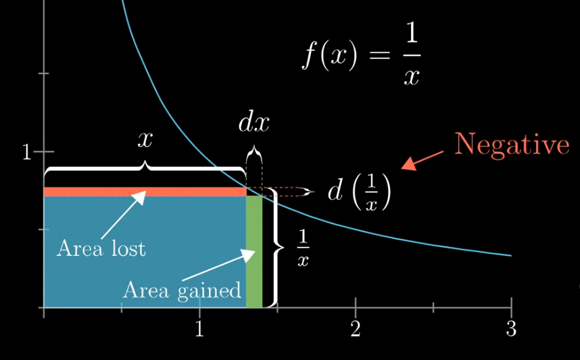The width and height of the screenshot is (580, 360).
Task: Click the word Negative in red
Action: pyautogui.click(x=512, y=144)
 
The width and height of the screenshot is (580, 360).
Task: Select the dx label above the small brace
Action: pyautogui.click(x=254, y=123)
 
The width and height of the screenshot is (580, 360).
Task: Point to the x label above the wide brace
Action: pyautogui.click(x=145, y=140)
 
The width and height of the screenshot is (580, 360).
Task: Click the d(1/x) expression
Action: pyautogui.click(x=359, y=192)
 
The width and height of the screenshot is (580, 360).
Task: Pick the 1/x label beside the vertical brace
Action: pyautogui.click(x=303, y=249)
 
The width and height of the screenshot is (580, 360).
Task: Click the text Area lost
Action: pyautogui.click(x=102, y=248)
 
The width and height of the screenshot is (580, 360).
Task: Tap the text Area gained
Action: pyautogui.click(x=182, y=290)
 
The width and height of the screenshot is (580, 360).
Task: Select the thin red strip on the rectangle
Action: pyautogui.click(x=145, y=192)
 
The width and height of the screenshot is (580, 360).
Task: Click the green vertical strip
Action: pyautogui.click(x=254, y=251)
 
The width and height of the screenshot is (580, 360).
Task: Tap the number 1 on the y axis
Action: pyautogui.click(x=27, y=152)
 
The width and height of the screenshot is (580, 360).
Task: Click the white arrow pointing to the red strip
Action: pyautogui.click(x=124, y=215)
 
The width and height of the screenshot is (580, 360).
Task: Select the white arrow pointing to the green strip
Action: pyautogui.click(x=219, y=265)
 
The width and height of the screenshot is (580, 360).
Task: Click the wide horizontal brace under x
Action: pyautogui.click(x=145, y=170)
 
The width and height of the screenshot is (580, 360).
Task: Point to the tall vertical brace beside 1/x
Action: pyautogui.click(x=276, y=247)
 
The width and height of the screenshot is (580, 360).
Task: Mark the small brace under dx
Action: pyautogui.click(x=254, y=155)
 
